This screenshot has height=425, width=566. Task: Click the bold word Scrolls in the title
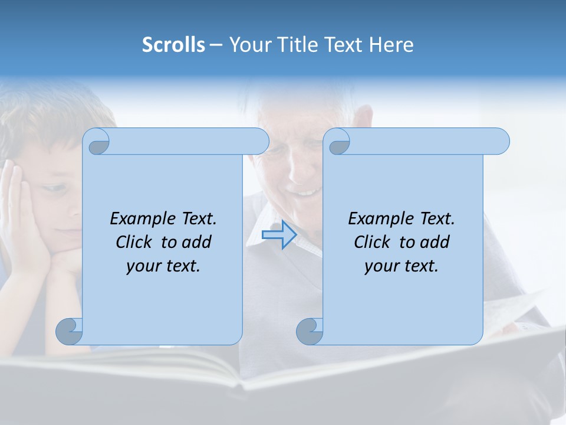[173, 45]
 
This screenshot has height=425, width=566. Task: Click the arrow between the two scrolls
[279, 235]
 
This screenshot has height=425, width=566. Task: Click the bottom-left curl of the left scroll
[69, 331]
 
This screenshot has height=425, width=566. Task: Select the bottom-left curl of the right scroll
[309, 331]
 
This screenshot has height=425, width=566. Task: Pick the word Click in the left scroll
[135, 242]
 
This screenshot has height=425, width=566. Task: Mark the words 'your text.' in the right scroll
[401, 266]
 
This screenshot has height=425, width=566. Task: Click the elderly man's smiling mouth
[305, 191]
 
